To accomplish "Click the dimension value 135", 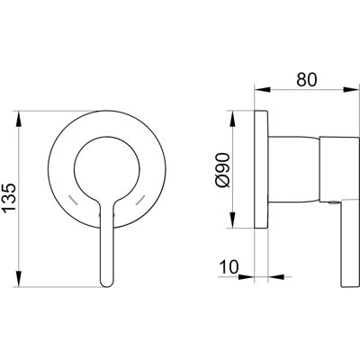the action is (9, 198).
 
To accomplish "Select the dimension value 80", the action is (307, 80).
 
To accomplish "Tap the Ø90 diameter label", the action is (223, 170).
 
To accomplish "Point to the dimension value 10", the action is (229, 266).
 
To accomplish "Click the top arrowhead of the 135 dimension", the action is (19, 119).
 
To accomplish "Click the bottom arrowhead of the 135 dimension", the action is (19, 279).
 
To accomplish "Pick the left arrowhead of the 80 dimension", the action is (263, 89).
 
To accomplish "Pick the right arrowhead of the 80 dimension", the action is (352, 89).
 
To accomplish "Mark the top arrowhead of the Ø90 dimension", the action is (233, 119).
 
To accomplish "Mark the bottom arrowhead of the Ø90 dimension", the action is (233, 220).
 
